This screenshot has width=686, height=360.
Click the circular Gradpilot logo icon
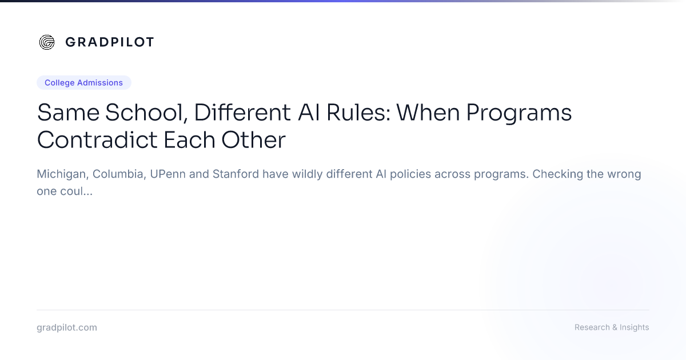tap(47, 42)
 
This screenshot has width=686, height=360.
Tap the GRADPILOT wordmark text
tap(110, 42)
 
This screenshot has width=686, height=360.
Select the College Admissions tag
tap(84, 83)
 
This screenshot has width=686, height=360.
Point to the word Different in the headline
tap(242, 113)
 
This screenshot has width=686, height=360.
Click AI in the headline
tap(309, 113)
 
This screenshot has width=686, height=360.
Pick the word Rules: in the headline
tap(358, 113)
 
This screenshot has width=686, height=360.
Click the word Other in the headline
tap(254, 140)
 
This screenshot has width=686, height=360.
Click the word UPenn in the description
tap(168, 174)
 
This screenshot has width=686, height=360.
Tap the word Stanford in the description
tap(236, 174)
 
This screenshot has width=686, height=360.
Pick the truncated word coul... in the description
tap(76, 191)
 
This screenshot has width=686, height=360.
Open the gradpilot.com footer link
tap(67, 327)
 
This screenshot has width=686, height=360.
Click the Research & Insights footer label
tap(612, 327)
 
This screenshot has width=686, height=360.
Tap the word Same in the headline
tap(68, 113)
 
